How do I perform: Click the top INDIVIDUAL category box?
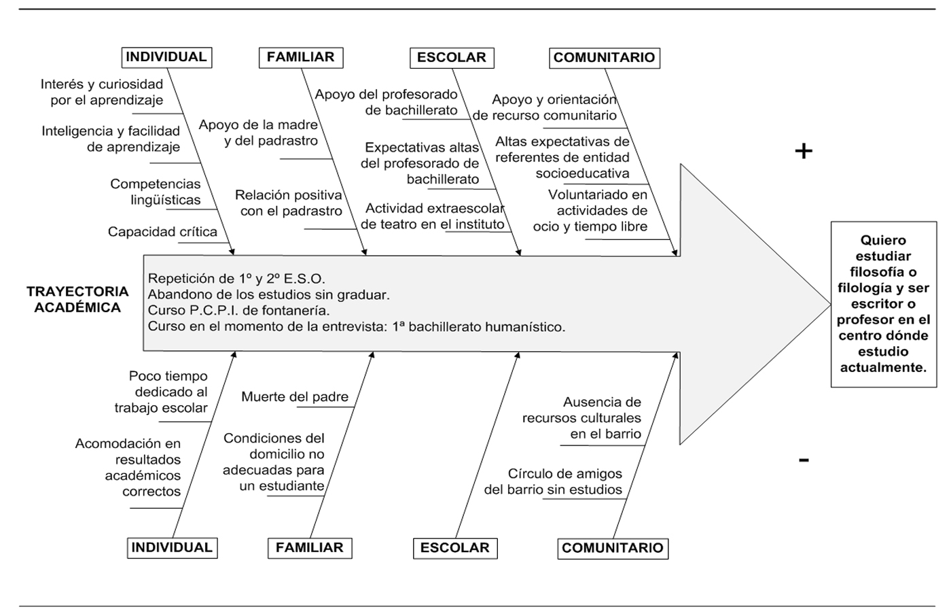pos(166,57)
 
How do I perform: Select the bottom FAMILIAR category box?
pos(310,547)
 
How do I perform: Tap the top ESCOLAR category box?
pos(452,57)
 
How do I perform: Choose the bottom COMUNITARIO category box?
pos(613,548)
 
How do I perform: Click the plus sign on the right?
pos(804,151)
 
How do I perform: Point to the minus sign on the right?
pos(804,460)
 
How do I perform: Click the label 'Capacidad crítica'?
pos(162,232)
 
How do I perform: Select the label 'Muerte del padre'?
pos(295,396)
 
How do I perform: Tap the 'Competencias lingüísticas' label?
pos(156,192)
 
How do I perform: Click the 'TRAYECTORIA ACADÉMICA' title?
pos(77,299)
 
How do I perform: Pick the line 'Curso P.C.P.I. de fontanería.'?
pos(238,311)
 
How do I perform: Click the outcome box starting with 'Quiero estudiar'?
pos(883,304)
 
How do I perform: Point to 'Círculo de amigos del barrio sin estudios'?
pos(553,481)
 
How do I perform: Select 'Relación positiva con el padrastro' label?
pos(289,203)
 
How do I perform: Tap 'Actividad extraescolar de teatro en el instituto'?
pos(433,216)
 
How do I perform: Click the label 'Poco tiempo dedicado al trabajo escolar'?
pos(162,392)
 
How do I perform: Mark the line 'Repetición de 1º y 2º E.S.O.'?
pos(236,278)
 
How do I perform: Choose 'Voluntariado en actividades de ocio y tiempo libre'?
pos(591,211)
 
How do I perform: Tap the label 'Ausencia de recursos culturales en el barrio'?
pos(582,418)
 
